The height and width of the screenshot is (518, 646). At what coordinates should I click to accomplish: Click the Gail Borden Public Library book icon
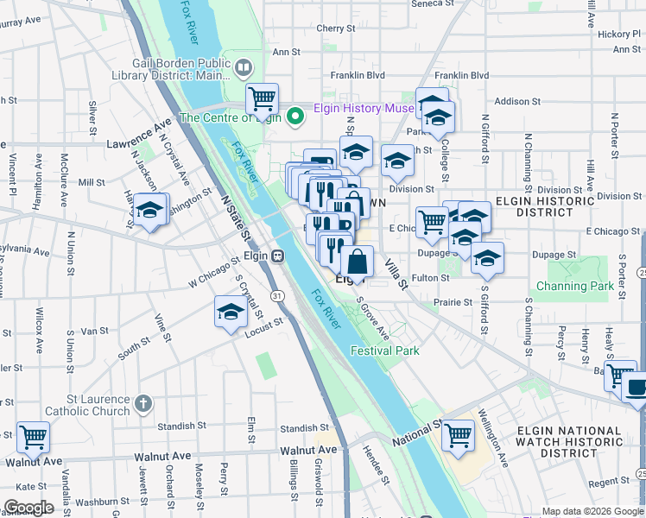pyautogui.click(x=244, y=67)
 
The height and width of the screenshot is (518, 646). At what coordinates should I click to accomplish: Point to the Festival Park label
pyautogui.click(x=384, y=351)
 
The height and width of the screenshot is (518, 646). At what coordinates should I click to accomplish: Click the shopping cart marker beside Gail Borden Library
pyautogui.click(x=261, y=98)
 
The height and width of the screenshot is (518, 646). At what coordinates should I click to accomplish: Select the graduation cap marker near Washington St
pyautogui.click(x=150, y=210)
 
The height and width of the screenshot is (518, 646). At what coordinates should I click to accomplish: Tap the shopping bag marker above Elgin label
pyautogui.click(x=357, y=262)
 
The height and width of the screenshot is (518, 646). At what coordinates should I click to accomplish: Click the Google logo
pyautogui.click(x=28, y=508)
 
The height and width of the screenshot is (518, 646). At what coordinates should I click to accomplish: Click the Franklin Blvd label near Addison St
pyautogui.click(x=462, y=76)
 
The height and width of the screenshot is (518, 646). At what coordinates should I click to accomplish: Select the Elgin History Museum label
pyautogui.click(x=363, y=108)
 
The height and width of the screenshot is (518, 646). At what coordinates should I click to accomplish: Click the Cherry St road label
pyautogui.click(x=330, y=28)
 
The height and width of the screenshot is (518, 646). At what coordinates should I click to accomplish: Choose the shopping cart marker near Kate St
pyautogui.click(x=34, y=438)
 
